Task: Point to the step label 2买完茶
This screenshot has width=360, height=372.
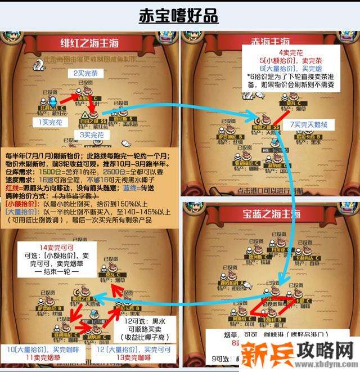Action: coord(87,73)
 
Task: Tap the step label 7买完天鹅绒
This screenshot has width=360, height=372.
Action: coord(313,124)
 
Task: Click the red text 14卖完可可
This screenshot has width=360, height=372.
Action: coord(49,246)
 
